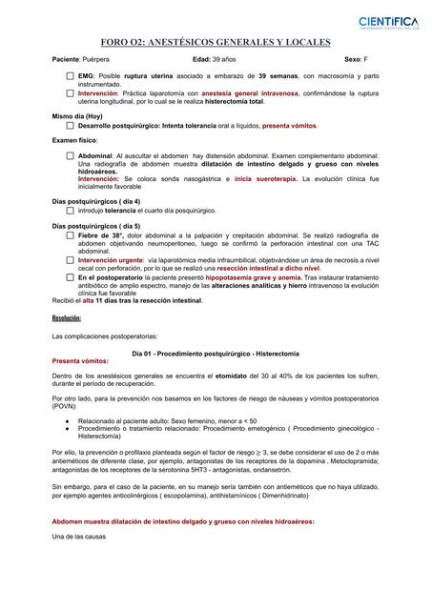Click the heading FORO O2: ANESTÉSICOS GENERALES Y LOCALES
(216, 43)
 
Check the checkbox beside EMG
(71, 75)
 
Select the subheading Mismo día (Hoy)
(76, 115)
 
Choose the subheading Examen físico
(74, 140)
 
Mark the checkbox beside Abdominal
(71, 154)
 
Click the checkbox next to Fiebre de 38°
(71, 234)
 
